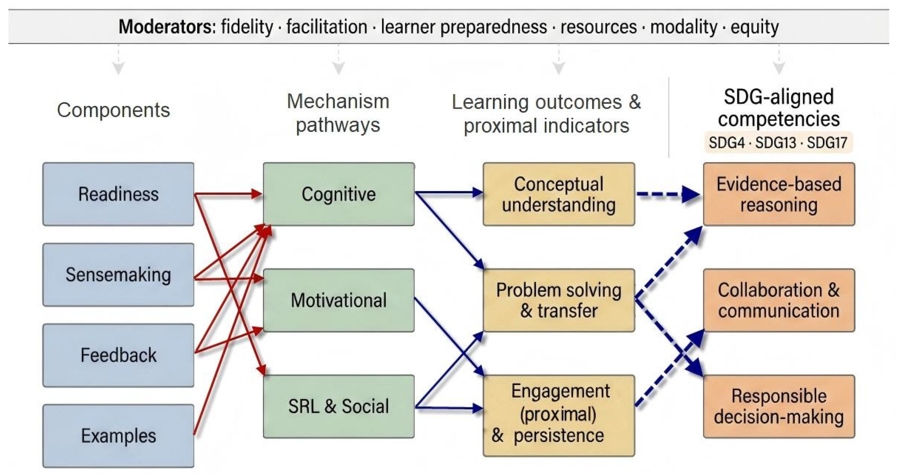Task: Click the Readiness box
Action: (118, 194)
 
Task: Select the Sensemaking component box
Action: (118, 275)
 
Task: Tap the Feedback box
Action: (118, 356)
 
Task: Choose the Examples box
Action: (118, 436)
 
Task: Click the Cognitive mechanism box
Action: (339, 194)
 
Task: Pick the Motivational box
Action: (339, 300)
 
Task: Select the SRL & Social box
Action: (339, 406)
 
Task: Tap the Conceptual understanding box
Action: (559, 194)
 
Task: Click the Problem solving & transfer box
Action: (559, 300)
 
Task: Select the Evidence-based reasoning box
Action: (779, 194)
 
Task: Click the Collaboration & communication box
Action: (779, 300)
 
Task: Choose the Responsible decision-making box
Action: (779, 406)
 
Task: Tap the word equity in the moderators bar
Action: (755, 27)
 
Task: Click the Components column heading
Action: (114, 110)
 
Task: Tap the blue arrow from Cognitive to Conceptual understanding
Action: (447, 192)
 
